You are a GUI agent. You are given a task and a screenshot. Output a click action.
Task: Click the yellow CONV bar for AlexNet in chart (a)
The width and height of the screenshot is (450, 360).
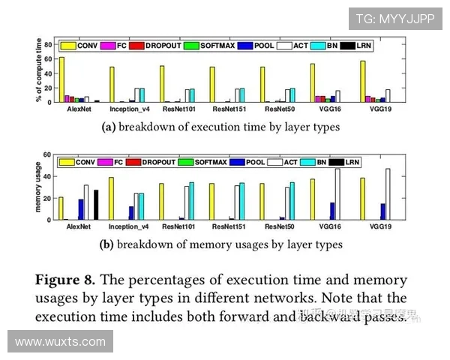pyautogui.click(x=61, y=79)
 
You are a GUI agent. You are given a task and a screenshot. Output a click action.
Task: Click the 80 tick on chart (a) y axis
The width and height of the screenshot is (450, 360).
pyautogui.click(x=48, y=44)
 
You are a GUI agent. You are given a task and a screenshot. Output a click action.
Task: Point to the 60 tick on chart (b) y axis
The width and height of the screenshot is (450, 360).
pyautogui.click(x=48, y=155)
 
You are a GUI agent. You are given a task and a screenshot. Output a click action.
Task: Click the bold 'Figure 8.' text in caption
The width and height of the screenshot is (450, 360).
pyautogui.click(x=64, y=280)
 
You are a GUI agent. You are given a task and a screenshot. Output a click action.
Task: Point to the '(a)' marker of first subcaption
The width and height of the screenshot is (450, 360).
pyautogui.click(x=108, y=127)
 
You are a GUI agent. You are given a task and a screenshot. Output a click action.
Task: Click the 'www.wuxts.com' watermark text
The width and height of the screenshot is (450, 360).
pyautogui.click(x=60, y=342)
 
